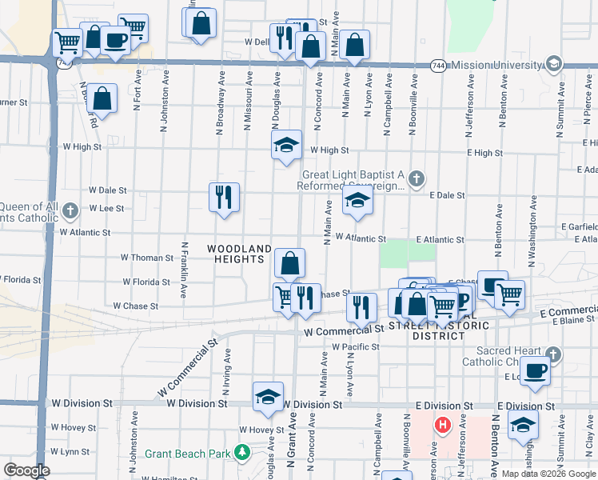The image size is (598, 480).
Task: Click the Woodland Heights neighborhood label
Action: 240,254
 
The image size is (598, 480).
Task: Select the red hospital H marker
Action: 441,424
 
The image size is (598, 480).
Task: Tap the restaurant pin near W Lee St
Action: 225,196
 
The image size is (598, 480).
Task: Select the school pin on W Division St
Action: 268,396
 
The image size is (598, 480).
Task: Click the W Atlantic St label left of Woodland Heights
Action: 85,232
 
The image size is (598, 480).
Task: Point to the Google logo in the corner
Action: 26,470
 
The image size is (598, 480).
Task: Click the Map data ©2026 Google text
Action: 548,474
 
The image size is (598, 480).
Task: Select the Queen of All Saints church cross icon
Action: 70,211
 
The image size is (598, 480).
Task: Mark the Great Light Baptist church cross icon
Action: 416,178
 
